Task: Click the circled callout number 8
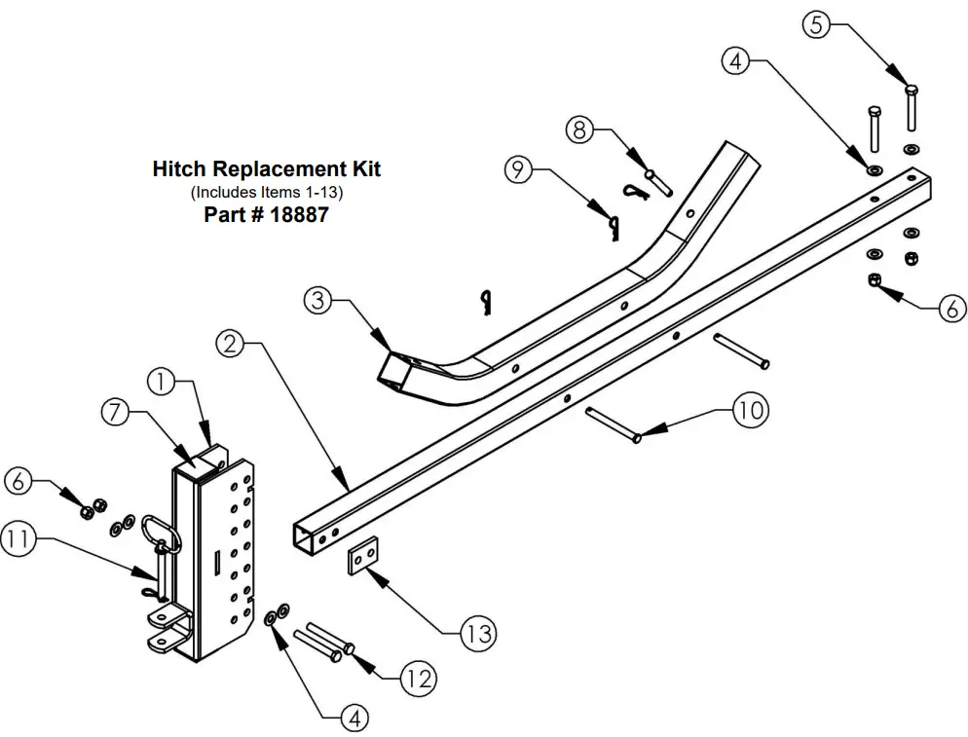580,129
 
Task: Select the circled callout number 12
417,678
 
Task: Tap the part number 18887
297,215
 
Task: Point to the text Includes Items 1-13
266,192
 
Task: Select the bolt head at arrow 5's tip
912,90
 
